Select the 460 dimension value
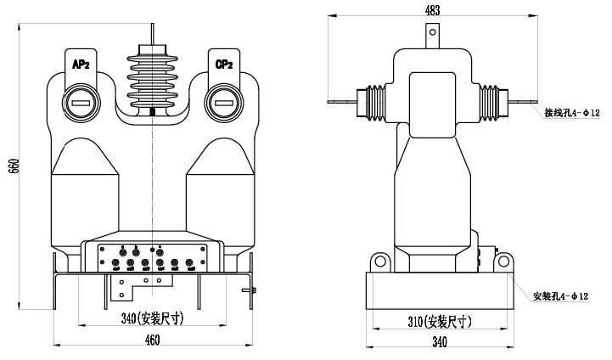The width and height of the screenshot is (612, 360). [x=151, y=340]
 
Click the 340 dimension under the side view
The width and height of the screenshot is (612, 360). [x=439, y=341]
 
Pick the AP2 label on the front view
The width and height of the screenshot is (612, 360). [x=81, y=65]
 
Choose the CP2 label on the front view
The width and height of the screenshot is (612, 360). [x=225, y=65]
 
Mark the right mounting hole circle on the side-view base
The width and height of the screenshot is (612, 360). [x=502, y=262]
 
